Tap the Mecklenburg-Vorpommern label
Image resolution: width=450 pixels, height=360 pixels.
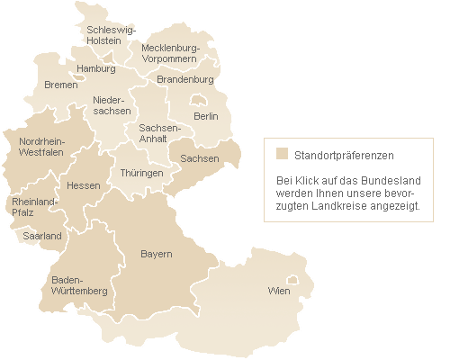168,53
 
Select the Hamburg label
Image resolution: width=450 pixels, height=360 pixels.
96,68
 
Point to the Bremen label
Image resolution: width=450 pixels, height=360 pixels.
60,85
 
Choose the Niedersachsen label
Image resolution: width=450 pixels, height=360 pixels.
112,105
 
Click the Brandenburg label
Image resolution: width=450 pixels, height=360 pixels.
184,79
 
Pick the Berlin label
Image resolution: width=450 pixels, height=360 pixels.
206,116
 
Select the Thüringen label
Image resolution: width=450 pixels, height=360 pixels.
141,173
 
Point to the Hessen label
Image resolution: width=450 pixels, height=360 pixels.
83,185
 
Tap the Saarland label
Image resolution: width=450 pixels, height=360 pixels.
42,236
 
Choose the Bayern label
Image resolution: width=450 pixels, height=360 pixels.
156,255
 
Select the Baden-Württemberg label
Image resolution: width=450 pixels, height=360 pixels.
79,285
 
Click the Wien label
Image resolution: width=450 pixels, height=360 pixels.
279,292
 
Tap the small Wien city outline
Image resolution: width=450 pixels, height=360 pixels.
291,280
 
